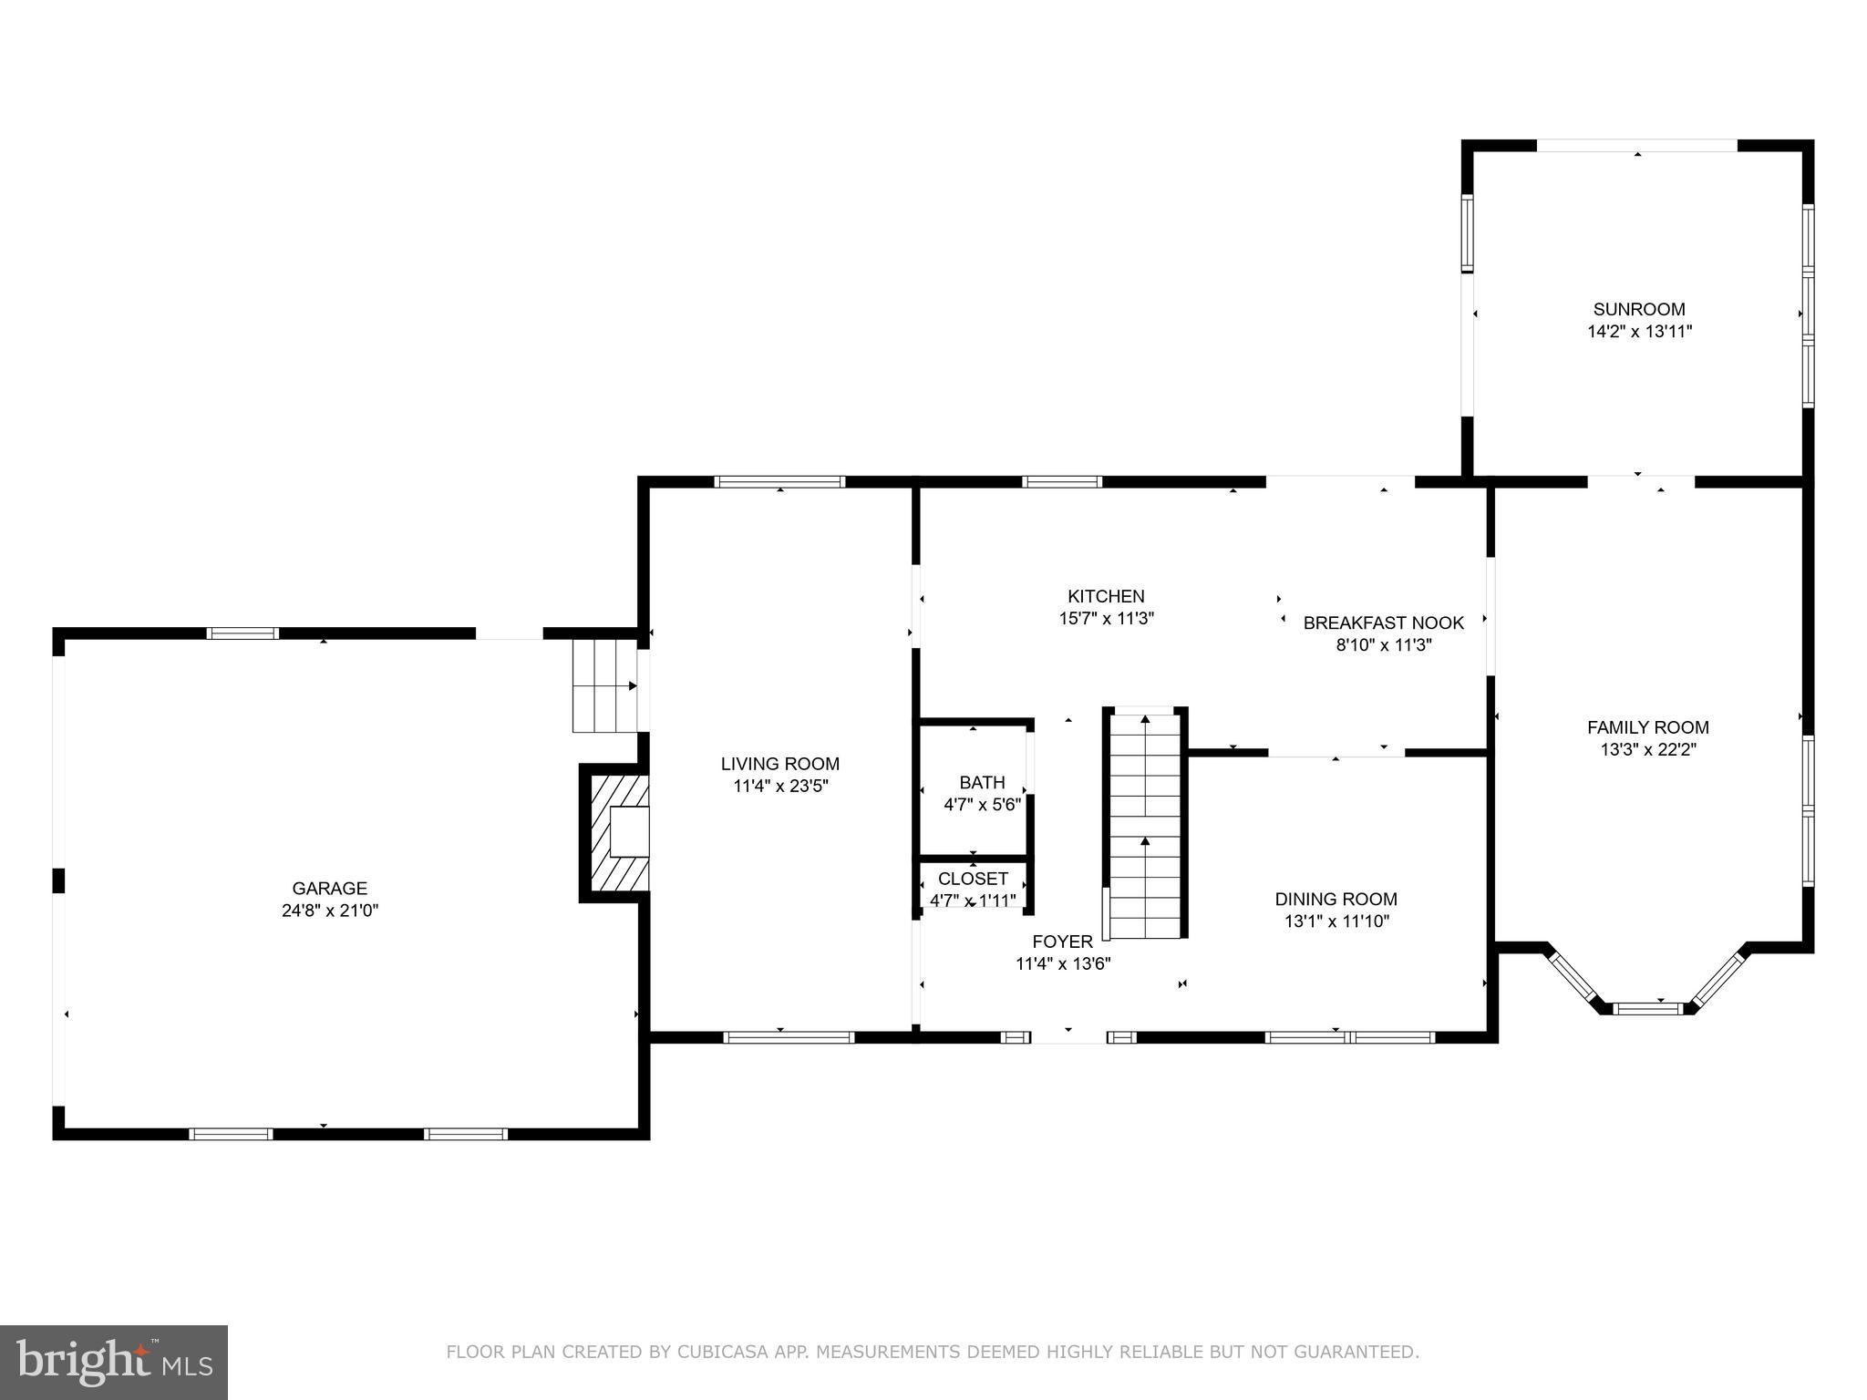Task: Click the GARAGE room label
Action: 329,888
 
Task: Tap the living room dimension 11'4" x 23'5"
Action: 780,786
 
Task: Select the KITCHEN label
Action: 1106,596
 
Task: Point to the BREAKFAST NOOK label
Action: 1383,623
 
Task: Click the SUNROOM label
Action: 1639,309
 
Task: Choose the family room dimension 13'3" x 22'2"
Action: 1647,749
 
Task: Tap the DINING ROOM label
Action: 1336,899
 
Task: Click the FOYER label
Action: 1062,942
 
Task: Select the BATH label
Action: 982,782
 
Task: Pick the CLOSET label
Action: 973,879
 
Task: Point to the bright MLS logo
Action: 113,1362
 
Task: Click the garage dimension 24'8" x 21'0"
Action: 329,910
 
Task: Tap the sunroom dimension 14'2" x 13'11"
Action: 1639,332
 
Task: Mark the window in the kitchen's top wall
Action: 1061,482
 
